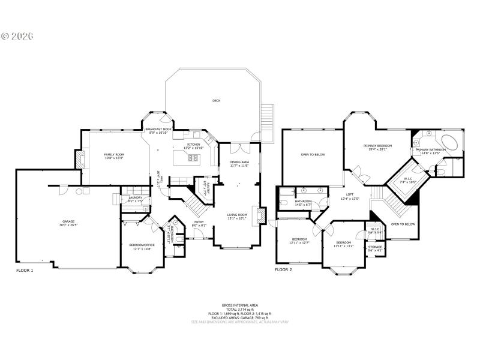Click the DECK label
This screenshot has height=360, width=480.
pos(216,101)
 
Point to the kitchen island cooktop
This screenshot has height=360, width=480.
pos(194,158)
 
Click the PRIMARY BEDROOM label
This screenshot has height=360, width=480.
pos(377,146)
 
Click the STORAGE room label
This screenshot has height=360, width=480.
pos(375,246)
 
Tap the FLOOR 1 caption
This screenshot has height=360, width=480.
pos(24,271)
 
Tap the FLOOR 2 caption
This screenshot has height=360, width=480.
pos(283,271)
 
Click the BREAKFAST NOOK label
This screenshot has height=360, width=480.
pos(158,129)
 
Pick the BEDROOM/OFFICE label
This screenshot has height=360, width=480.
pos(142,245)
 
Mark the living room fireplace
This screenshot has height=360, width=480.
pos(259,215)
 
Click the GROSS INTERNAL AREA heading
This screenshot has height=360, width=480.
pos(239,305)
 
